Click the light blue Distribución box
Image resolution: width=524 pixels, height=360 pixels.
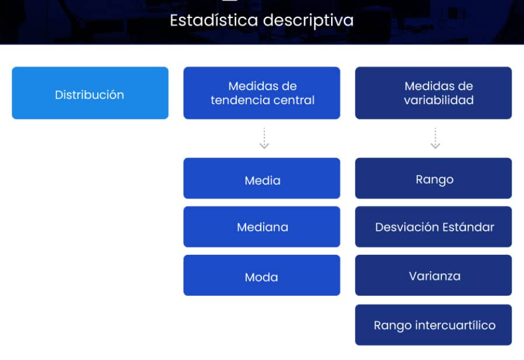coord(90,93)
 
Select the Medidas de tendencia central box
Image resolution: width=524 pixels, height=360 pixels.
coord(261,93)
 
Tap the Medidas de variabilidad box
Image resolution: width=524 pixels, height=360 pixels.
coord(433,93)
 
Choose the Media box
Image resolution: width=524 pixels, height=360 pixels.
coord(261,178)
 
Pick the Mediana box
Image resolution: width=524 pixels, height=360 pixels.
coord(261,227)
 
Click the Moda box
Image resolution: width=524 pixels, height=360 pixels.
coord(261,275)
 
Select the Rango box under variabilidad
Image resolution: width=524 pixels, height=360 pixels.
coord(433,178)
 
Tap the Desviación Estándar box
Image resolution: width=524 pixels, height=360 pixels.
coord(433,227)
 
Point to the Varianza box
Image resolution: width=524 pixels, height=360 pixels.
coord(433,275)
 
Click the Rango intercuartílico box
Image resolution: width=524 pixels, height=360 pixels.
coord(433,325)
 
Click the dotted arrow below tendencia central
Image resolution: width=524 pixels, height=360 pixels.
coord(264,138)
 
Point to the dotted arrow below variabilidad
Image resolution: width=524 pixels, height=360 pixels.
coord(435,138)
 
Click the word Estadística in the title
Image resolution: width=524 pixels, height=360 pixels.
coord(214,20)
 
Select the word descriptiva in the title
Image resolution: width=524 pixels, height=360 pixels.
coord(309,21)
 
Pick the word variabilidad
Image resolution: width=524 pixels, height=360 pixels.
coord(439,100)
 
